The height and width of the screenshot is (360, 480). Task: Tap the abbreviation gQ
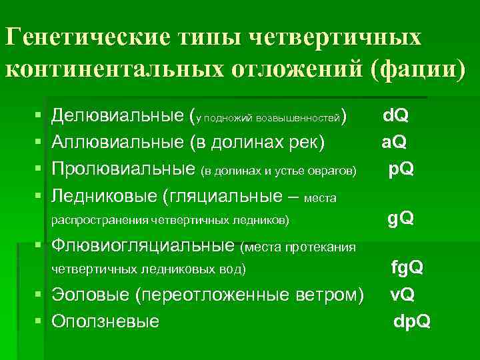coord(401,218)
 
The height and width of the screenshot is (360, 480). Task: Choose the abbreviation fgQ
coord(407,268)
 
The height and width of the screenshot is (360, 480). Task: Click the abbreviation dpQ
coord(412,321)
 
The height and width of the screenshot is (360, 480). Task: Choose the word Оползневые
coord(105,321)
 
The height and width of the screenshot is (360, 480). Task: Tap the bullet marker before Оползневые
coord(38,321)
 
